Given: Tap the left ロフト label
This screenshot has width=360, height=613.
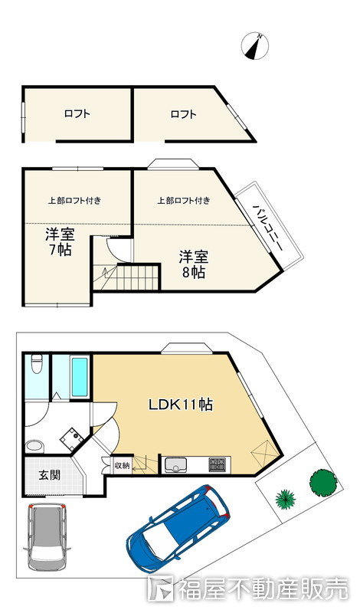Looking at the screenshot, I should click(77, 114).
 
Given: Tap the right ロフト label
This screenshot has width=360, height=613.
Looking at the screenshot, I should click(184, 114).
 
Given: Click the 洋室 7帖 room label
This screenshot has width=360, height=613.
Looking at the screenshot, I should click(58, 242).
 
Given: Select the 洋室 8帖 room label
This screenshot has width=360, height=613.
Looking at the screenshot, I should click(193, 264).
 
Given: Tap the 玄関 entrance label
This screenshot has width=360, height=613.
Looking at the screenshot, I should click(49, 475).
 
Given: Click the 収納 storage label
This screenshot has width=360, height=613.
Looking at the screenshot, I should click(121, 465).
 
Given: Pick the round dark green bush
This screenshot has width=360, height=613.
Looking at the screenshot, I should click(322, 481).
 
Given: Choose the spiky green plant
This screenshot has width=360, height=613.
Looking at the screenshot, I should click(286, 499).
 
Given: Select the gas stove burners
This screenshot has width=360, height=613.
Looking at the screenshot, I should click(218, 464).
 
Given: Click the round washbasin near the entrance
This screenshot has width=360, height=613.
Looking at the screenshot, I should click(33, 445).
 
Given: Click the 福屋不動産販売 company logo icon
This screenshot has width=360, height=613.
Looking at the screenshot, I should click(162, 591).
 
